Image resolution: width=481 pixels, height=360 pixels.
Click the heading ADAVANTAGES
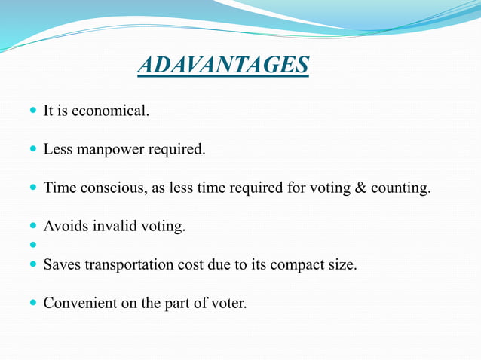click(x=223, y=66)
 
